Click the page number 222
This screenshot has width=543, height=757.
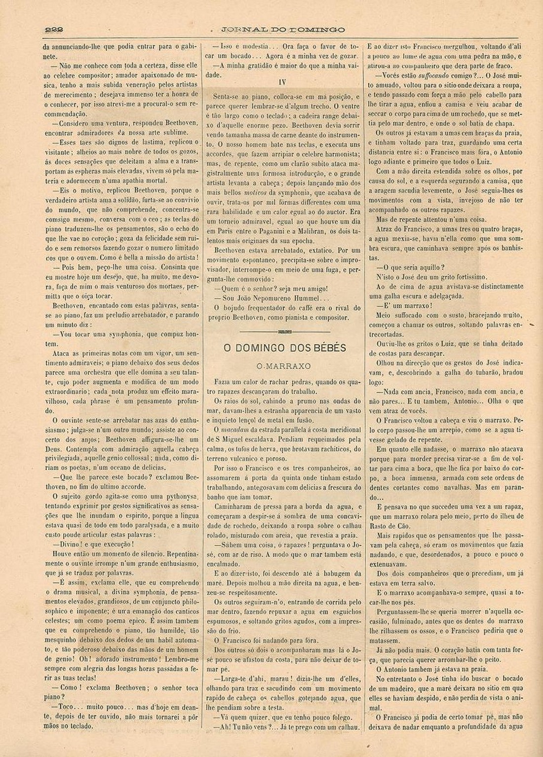click(x=54, y=29)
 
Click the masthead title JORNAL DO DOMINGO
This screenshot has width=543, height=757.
click(x=283, y=30)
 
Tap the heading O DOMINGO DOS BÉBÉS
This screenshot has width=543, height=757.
click(x=285, y=348)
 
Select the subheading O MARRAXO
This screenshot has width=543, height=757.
click(x=284, y=366)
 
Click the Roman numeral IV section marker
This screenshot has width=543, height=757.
click(x=282, y=82)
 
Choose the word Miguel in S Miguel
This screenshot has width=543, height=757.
click(x=237, y=439)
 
